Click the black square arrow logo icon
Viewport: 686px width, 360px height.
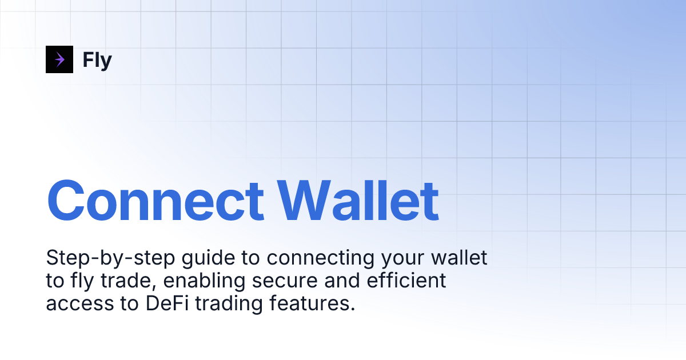tap(59, 59)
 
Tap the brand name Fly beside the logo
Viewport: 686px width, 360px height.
tap(97, 59)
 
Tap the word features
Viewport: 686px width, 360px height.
tap(309, 303)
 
